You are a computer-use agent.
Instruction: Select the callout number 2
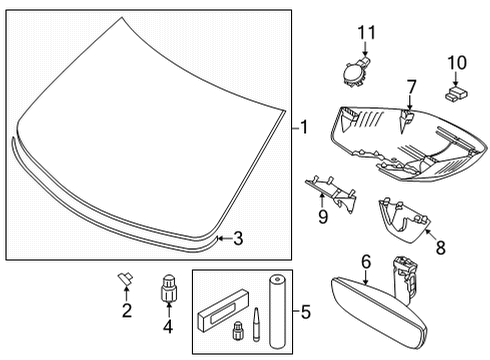(x=127, y=310)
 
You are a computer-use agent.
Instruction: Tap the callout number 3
(x=237, y=238)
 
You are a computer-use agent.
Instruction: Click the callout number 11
(x=365, y=32)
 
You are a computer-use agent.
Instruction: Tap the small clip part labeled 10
(x=456, y=94)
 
